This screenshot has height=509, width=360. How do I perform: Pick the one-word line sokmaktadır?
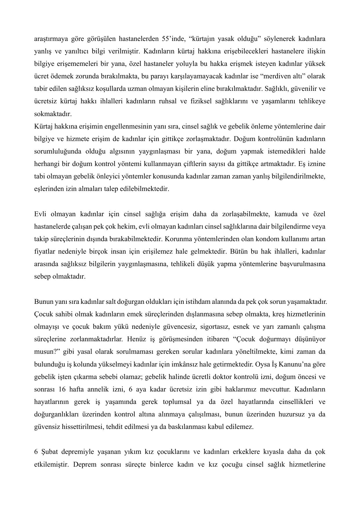point(53,114)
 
